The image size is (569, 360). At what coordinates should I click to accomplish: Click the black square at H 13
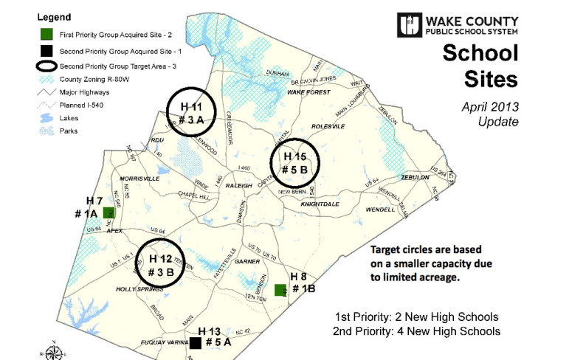(x=196, y=342)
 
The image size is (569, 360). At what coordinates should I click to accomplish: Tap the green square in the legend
(x=46, y=34)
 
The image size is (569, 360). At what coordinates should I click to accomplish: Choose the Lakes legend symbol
(x=46, y=117)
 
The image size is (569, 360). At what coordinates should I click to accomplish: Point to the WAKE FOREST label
(x=305, y=93)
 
